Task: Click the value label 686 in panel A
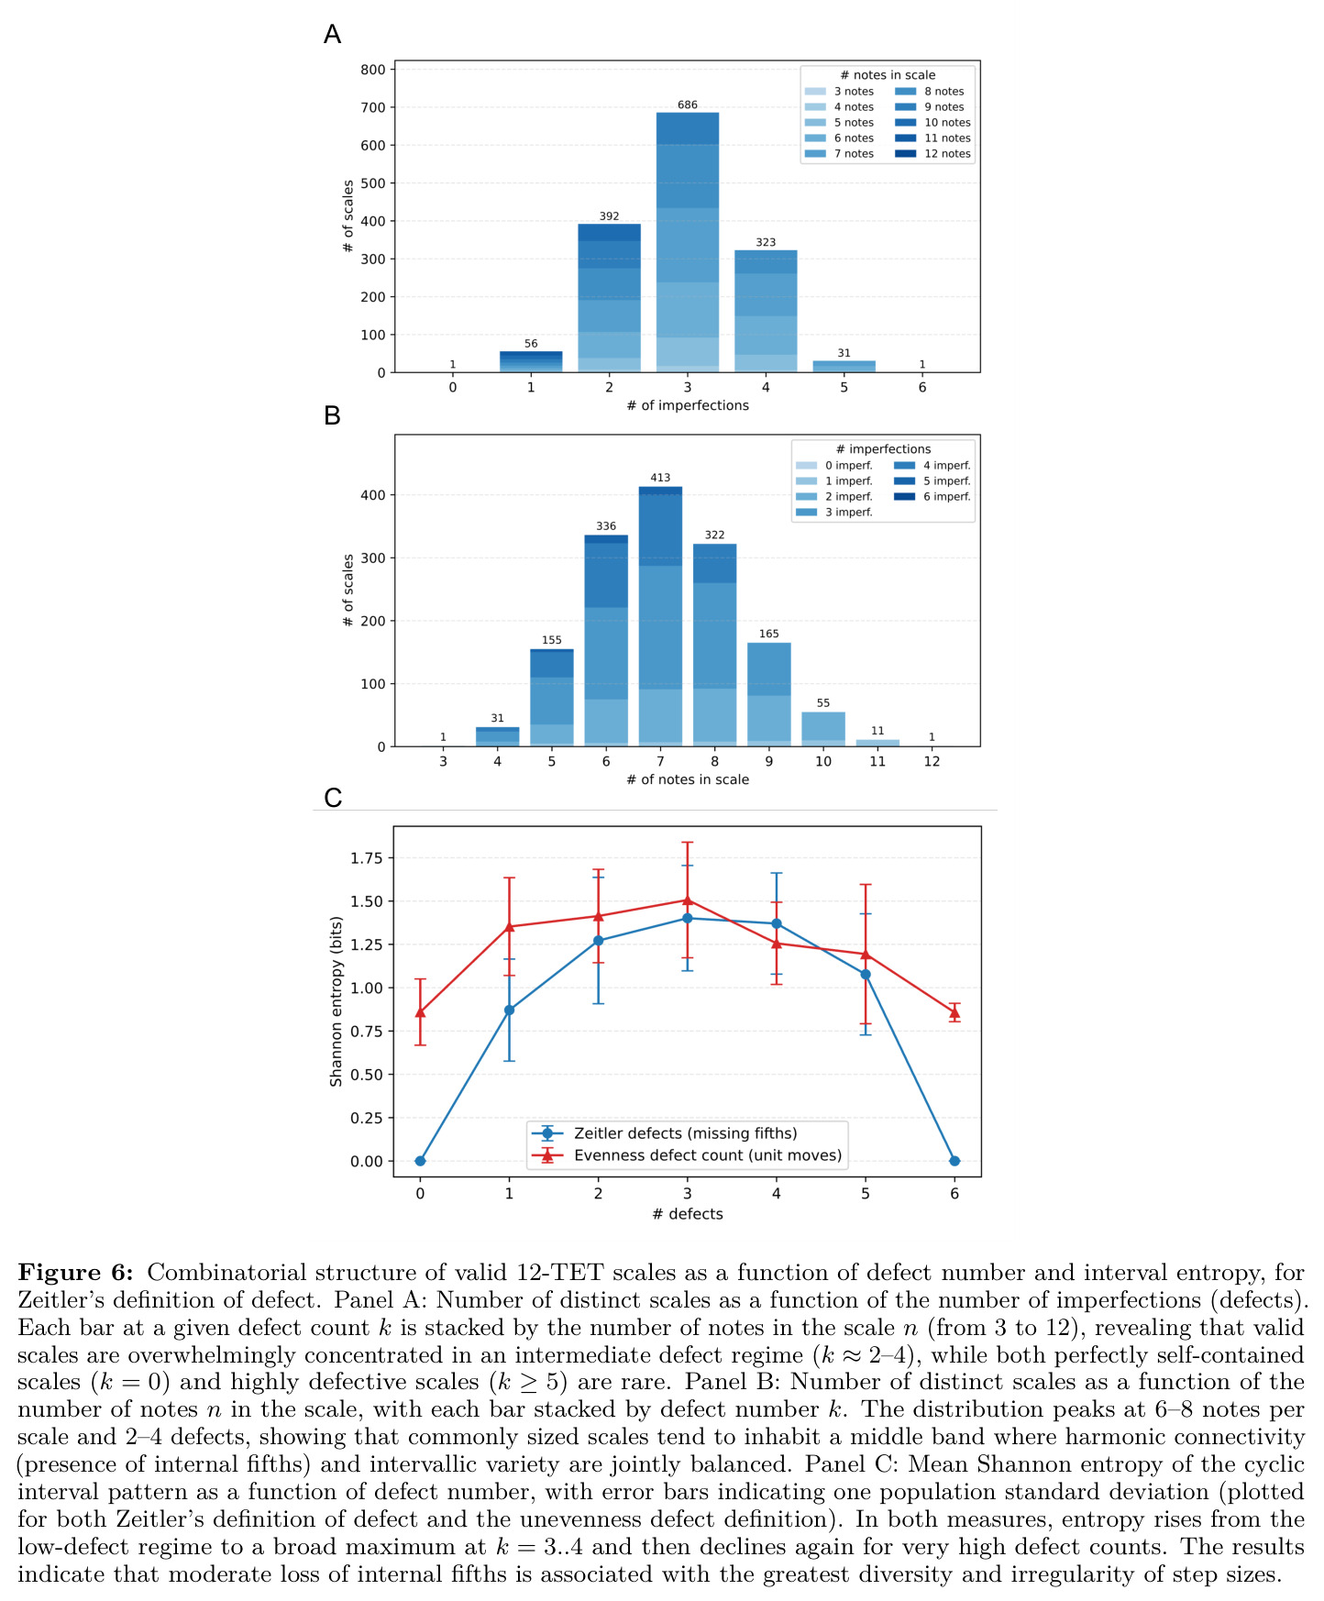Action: (688, 105)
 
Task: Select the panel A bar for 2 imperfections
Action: (609, 298)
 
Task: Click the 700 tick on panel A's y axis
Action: (373, 107)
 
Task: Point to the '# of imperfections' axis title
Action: (688, 405)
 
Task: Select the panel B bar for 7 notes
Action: (660, 616)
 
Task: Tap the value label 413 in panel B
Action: (660, 478)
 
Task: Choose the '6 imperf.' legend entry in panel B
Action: (932, 497)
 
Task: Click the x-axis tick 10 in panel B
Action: (823, 761)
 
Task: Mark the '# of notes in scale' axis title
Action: (688, 779)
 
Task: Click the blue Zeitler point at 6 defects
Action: (954, 1161)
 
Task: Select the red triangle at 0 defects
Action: (420, 1012)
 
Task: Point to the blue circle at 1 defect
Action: (509, 1010)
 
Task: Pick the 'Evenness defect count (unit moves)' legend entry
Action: (687, 1155)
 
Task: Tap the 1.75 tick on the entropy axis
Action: (367, 858)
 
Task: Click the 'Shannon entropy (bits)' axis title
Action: (336, 1001)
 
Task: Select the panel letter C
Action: (333, 798)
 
